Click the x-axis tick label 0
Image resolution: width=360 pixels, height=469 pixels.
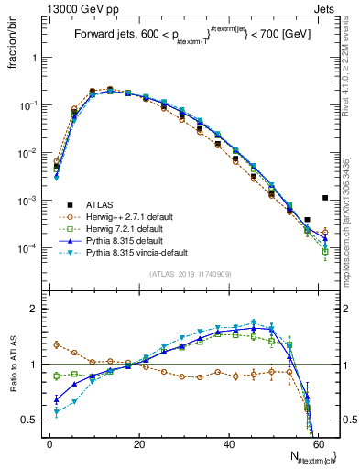[49, 443]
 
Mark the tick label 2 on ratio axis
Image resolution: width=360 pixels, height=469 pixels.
[37, 309]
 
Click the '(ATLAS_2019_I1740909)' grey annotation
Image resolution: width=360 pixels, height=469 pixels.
[191, 274]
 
